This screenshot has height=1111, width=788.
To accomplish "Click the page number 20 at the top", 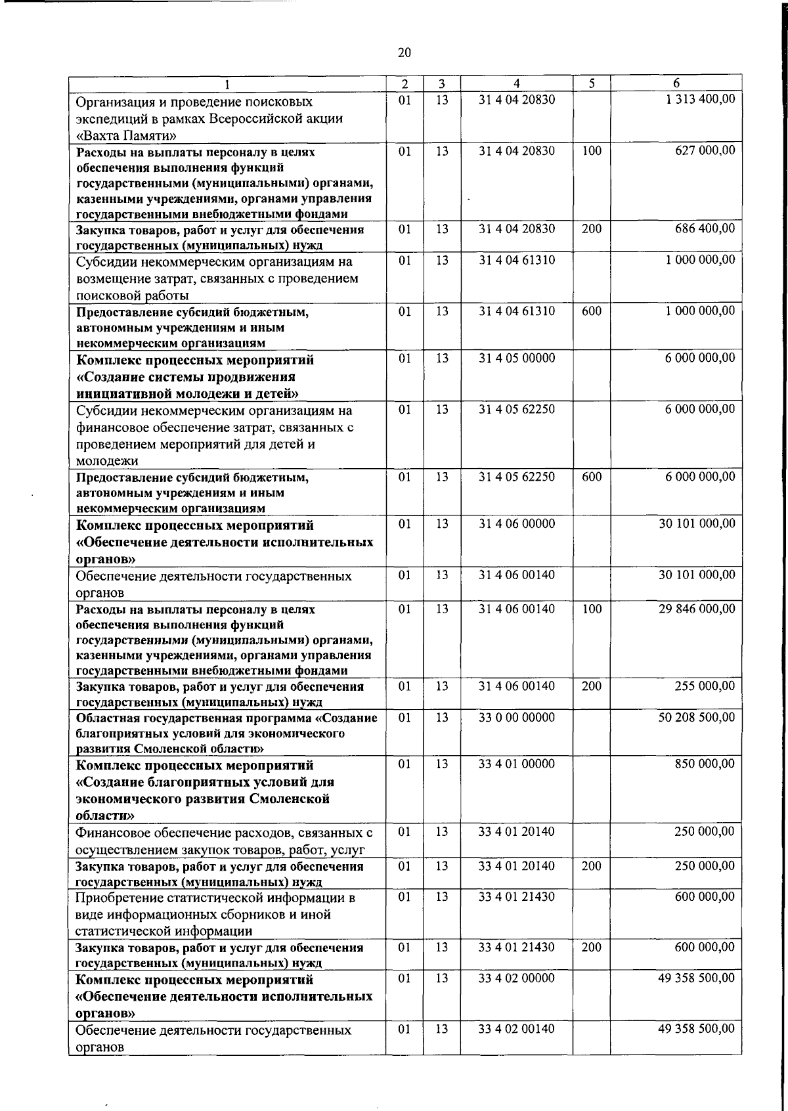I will tap(404, 53).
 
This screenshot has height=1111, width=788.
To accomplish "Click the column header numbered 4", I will tap(516, 83).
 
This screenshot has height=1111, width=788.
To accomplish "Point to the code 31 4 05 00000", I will tap(516, 358).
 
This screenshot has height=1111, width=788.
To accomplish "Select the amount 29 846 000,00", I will tap(697, 609).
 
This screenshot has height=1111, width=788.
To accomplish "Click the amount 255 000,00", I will tap(705, 686).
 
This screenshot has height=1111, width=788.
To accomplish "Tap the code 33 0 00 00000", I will tap(516, 717).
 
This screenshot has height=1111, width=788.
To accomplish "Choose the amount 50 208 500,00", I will tap(697, 717).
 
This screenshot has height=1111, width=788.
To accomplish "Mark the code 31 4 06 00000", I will tap(516, 523).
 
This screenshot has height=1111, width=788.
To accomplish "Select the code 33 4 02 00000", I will tap(516, 978).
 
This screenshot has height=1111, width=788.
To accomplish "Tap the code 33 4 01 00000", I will tap(516, 764).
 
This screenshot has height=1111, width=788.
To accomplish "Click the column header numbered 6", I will tap(676, 83).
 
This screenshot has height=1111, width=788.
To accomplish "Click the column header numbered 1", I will tap(227, 84).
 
